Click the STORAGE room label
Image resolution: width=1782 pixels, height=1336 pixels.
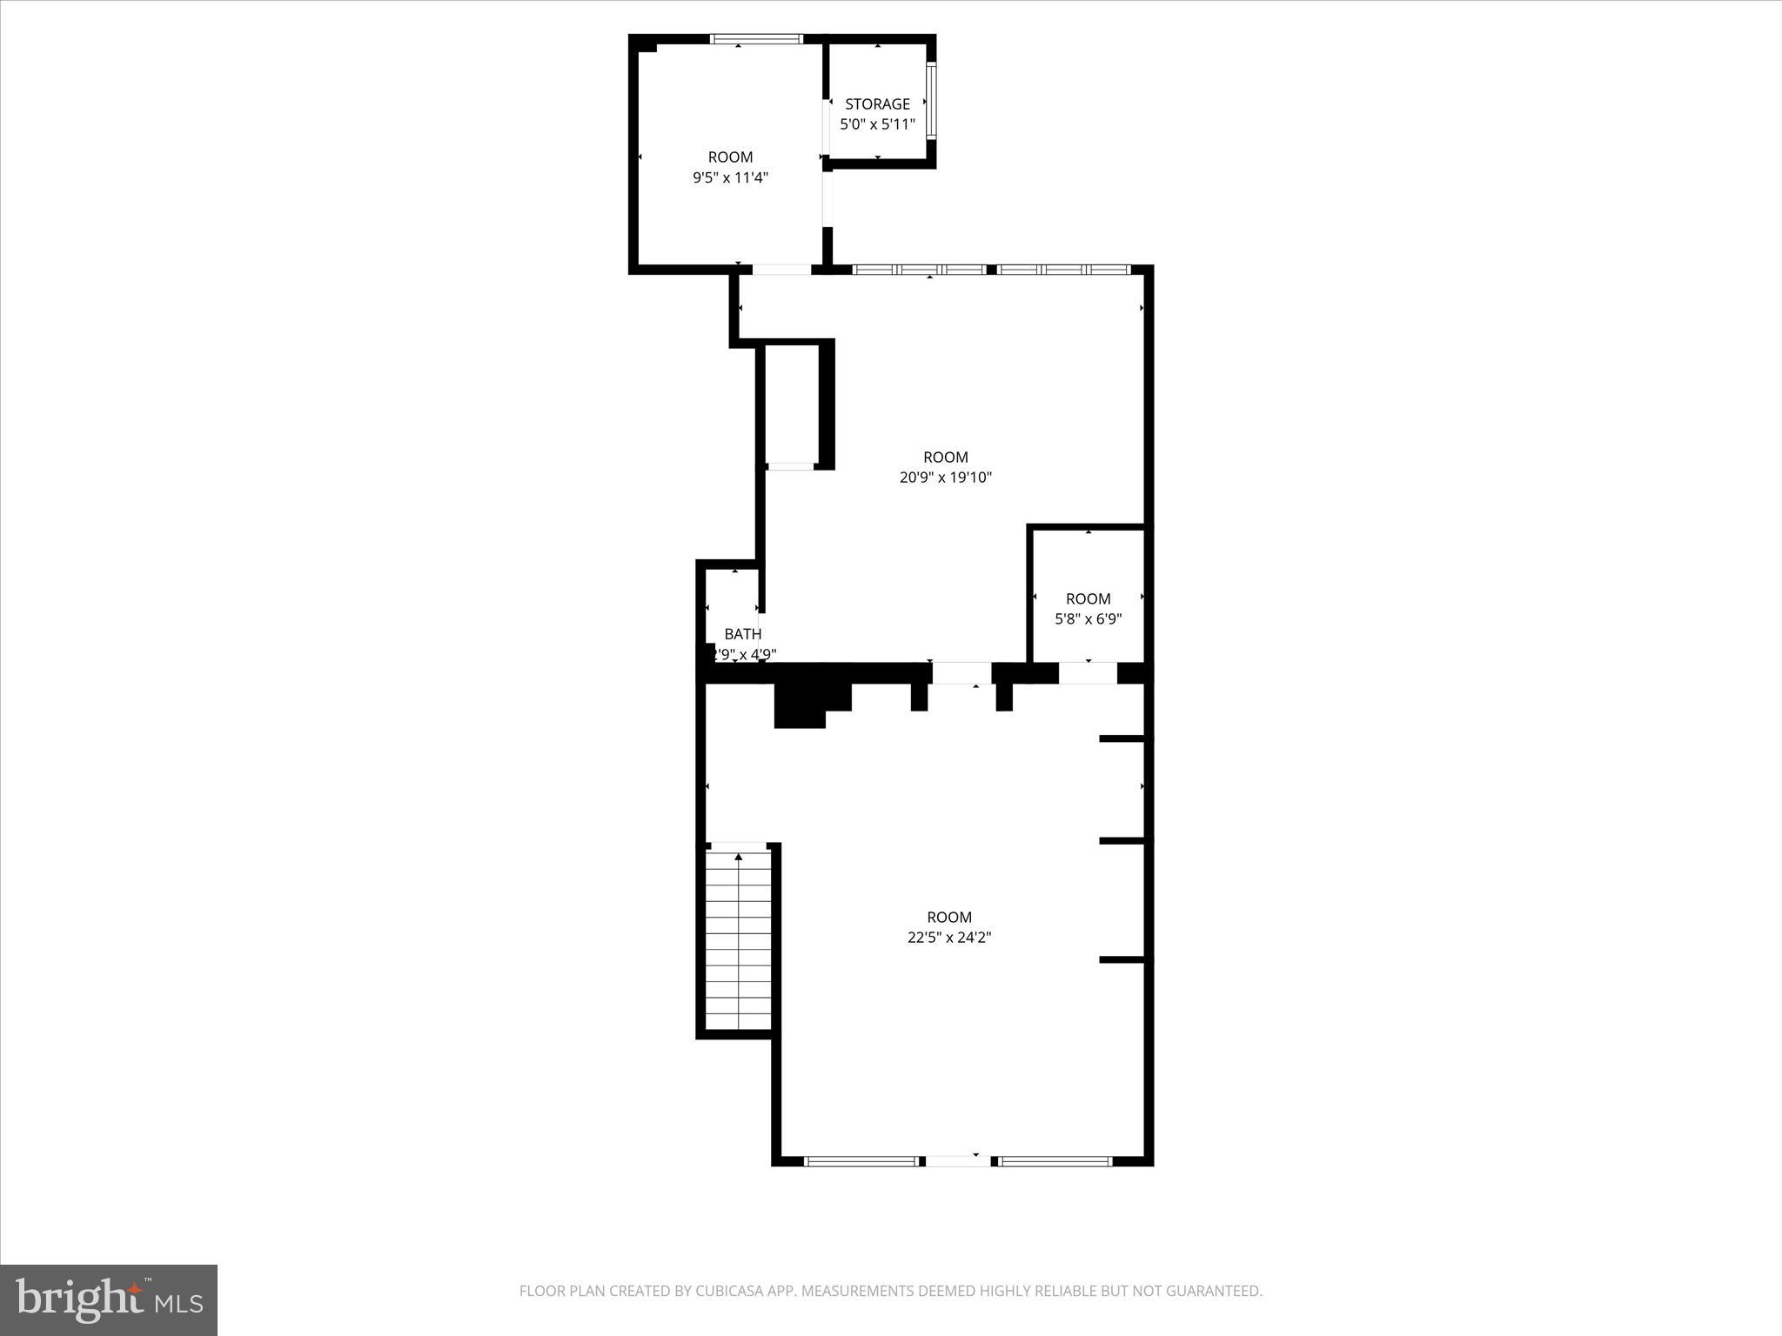[877, 104]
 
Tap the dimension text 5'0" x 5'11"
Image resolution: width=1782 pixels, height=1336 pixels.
[877, 124]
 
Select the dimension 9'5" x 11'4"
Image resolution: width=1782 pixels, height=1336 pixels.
[730, 178]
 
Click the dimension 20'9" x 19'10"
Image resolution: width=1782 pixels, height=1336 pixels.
[946, 478]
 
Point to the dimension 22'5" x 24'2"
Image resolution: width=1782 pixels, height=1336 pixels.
[948, 938]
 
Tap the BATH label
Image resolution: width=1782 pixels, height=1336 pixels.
[742, 634]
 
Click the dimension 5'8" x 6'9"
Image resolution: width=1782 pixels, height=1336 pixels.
[1088, 619]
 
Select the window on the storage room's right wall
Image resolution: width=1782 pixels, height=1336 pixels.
[930, 101]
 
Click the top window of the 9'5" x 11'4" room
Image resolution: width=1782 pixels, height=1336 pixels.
[756, 39]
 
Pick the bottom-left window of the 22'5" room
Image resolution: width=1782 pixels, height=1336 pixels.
[860, 1161]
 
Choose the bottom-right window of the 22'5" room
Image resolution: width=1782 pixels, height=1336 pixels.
[1055, 1161]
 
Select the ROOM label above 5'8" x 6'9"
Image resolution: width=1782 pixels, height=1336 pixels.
[1088, 598]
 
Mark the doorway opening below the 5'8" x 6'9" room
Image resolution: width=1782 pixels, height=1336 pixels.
[1088, 672]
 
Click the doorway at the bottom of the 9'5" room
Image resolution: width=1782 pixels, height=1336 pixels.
[781, 270]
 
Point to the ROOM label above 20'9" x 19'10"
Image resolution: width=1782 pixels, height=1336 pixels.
[946, 457]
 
